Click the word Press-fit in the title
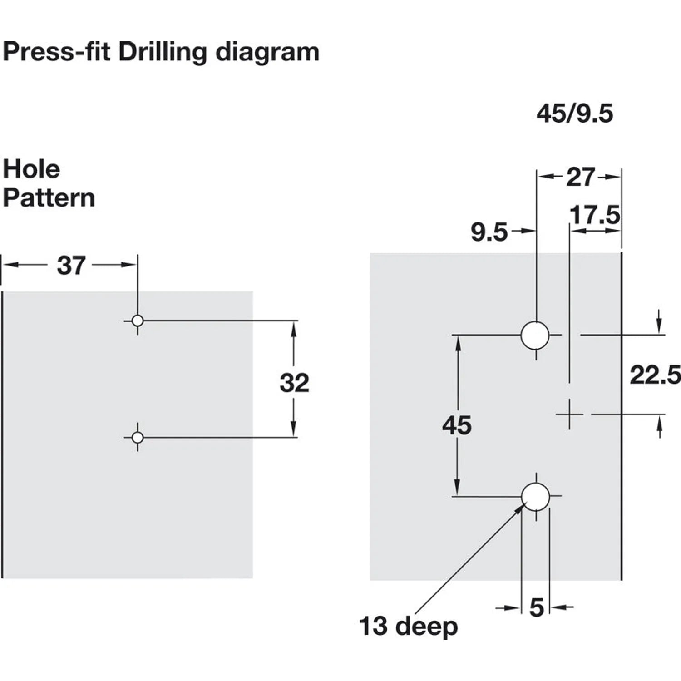pyautogui.click(x=57, y=52)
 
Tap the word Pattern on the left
pyautogui.click(x=49, y=198)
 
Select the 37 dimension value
pyautogui.click(x=71, y=266)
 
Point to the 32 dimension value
pyautogui.click(x=294, y=383)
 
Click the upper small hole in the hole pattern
pyautogui.click(x=138, y=321)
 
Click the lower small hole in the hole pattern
pyautogui.click(x=138, y=438)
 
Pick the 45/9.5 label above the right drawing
pyautogui.click(x=575, y=113)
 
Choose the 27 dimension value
pyautogui.click(x=581, y=177)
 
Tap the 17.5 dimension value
pyautogui.click(x=595, y=215)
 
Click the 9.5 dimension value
pyautogui.click(x=489, y=232)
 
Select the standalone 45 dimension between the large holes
pyautogui.click(x=457, y=425)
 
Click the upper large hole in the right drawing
pyautogui.click(x=535, y=335)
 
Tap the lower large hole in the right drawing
pyautogui.click(x=536, y=497)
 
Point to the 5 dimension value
pyautogui.click(x=537, y=607)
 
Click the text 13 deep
pyautogui.click(x=408, y=627)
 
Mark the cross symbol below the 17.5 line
pyautogui.click(x=569, y=414)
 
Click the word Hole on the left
pyautogui.click(x=31, y=169)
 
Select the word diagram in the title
pyautogui.click(x=267, y=53)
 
